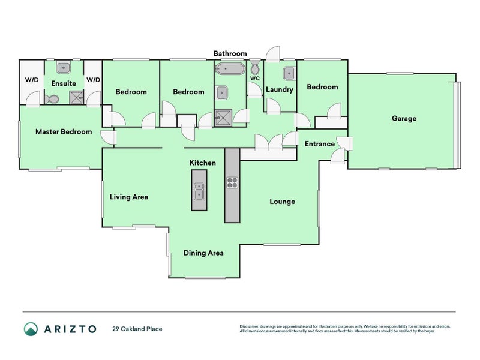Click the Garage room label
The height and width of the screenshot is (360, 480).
click(x=404, y=118)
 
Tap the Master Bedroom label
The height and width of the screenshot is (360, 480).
click(x=64, y=131)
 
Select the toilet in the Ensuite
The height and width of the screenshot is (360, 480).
click(x=52, y=98)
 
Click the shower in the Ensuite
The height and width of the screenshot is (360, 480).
click(x=76, y=98)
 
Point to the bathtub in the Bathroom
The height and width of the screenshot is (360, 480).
click(x=230, y=68)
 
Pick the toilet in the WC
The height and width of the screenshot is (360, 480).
click(x=254, y=67)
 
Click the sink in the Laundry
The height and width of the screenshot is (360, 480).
click(x=287, y=73)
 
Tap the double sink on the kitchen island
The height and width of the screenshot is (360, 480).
click(x=199, y=191)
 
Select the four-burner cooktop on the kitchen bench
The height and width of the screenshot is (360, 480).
click(x=232, y=182)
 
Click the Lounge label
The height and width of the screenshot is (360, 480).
click(x=282, y=202)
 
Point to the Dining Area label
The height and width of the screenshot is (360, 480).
click(x=203, y=253)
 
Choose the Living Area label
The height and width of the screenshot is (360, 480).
click(x=128, y=197)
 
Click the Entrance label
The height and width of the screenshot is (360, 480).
click(x=320, y=144)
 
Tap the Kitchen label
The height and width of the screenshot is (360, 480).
click(x=203, y=163)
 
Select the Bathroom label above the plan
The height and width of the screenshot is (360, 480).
click(x=230, y=53)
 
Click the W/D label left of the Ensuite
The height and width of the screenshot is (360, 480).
click(x=31, y=80)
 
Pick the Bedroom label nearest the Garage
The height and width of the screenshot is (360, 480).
click(x=322, y=87)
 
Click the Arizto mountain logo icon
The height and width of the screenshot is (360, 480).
click(x=31, y=329)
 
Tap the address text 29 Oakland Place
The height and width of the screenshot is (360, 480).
click(x=137, y=329)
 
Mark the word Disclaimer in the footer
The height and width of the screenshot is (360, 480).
click(x=251, y=326)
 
